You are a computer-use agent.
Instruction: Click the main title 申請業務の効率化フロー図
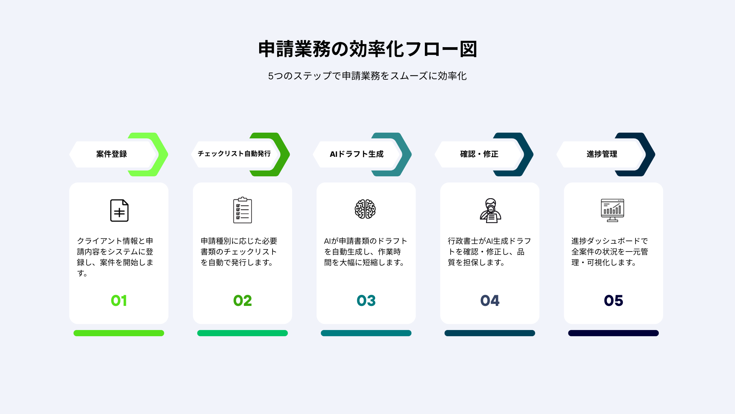367,49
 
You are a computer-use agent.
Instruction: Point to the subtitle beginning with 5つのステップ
367,76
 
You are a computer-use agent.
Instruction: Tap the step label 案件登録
111,154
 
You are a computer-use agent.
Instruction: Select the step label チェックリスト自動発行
234,154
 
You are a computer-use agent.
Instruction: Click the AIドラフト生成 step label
356,154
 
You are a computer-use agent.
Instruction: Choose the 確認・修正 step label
479,154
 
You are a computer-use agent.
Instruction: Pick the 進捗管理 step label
602,154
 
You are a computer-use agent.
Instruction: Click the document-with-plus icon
119,210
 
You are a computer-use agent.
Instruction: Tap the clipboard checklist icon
243,210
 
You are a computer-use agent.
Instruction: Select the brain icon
365,209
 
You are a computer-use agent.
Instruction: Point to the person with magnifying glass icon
490,210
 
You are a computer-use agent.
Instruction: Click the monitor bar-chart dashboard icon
612,210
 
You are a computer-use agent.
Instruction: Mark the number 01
119,301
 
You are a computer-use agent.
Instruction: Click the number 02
243,301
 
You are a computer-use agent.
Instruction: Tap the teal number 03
366,301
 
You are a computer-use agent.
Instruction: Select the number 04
490,301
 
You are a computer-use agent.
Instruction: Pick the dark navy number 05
614,301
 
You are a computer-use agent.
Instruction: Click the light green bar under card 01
119,333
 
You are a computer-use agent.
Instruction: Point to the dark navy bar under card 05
613,333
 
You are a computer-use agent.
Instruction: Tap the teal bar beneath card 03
366,333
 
